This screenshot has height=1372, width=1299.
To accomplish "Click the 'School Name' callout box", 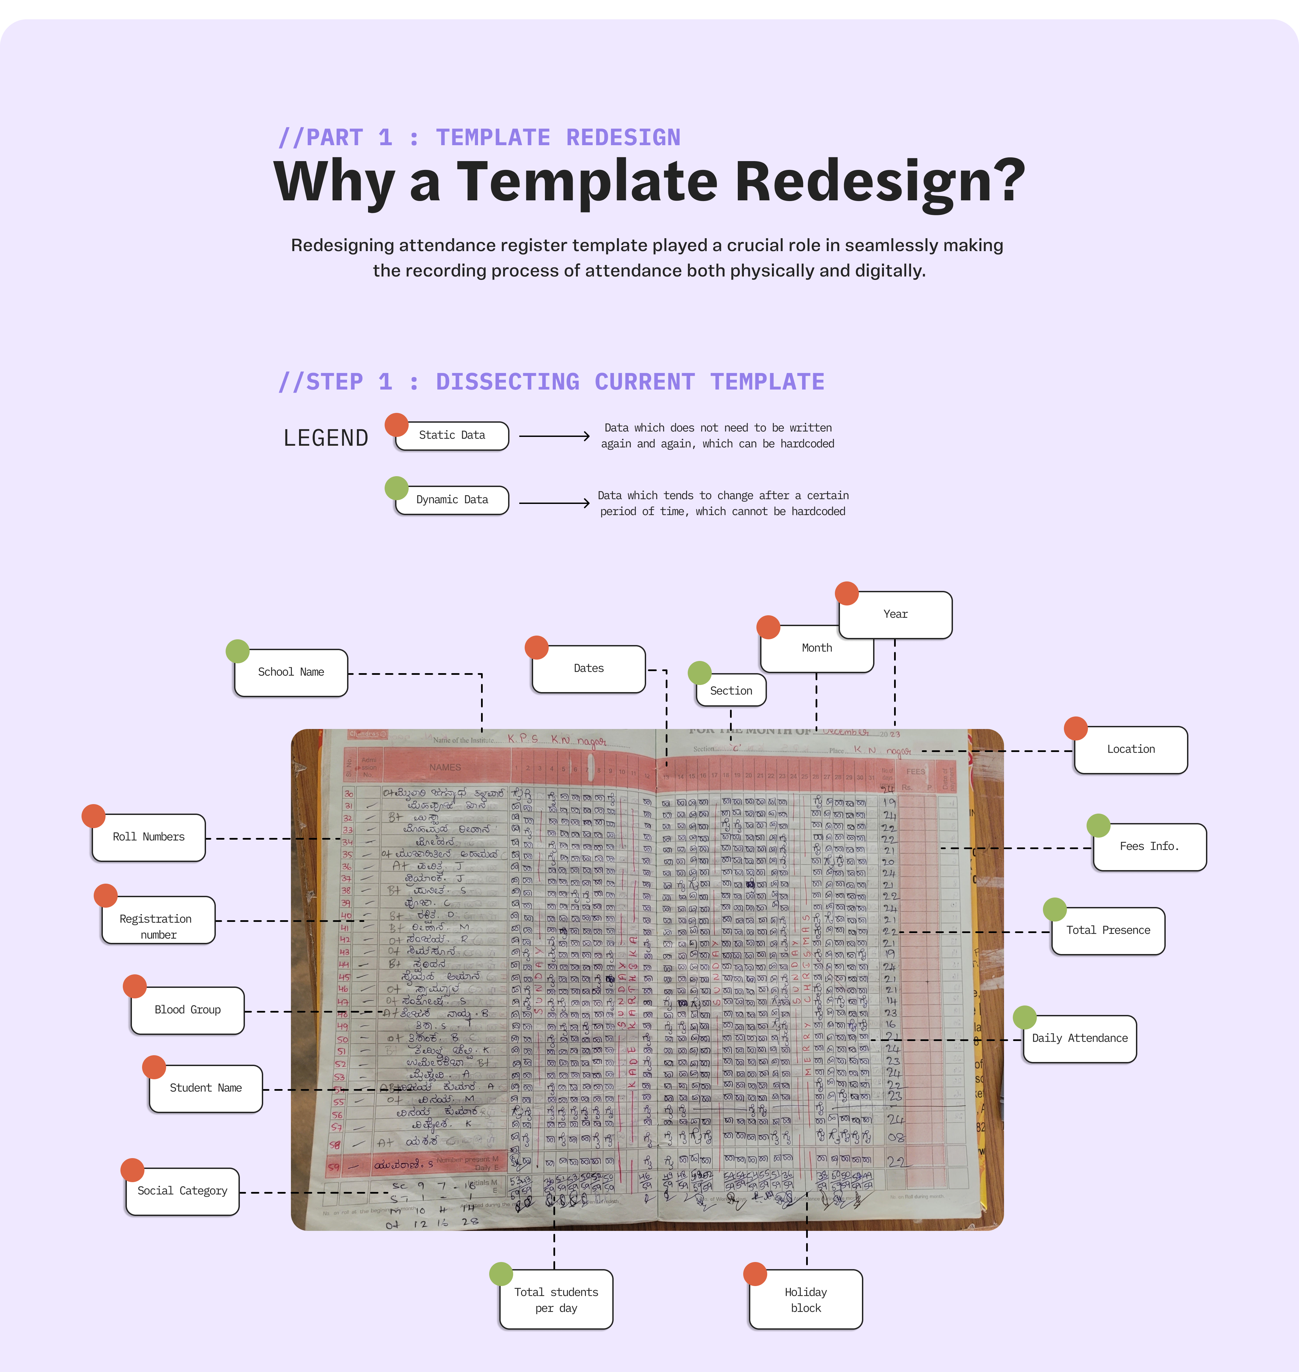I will point(291,672).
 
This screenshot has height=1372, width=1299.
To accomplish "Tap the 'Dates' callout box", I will point(589,669).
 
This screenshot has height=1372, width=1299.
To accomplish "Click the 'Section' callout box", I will point(731,691).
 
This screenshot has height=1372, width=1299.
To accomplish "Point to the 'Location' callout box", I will point(1131,749).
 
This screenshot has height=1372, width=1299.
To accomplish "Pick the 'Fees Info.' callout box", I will point(1149,846).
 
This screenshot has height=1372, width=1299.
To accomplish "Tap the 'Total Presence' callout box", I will point(1108,931).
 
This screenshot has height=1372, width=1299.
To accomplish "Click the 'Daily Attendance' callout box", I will point(1079,1038).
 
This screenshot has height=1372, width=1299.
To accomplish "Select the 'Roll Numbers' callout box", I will point(149,837).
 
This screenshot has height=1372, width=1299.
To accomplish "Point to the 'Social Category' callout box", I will point(182,1191).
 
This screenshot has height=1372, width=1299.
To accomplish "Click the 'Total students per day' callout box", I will point(556,1300).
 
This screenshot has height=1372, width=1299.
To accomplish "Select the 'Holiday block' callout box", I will point(806,1300).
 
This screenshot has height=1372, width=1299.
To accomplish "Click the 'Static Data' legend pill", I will point(452,436).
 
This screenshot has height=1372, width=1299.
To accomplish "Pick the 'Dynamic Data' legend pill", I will point(452,500).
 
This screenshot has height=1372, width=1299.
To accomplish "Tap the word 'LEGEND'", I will point(325,438).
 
